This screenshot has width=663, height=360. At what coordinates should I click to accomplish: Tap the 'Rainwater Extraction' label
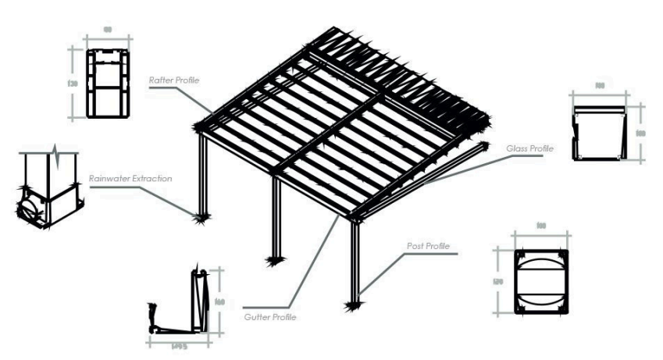coord(131,178)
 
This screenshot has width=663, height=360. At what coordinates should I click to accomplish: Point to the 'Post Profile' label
coord(429,248)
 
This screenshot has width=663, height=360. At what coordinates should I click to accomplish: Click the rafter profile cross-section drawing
coord(107,83)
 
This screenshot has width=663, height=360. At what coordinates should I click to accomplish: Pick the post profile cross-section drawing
coord(541,280)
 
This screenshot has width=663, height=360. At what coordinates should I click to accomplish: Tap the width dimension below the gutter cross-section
coord(179,342)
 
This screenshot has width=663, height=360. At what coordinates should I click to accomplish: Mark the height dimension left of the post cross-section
coord(501,281)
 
